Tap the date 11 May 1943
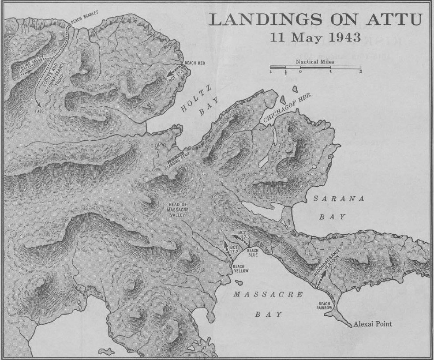pos(315,37)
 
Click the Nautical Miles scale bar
pos(315,67)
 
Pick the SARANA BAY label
pos(339,207)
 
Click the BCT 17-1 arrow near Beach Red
pos(175,73)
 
